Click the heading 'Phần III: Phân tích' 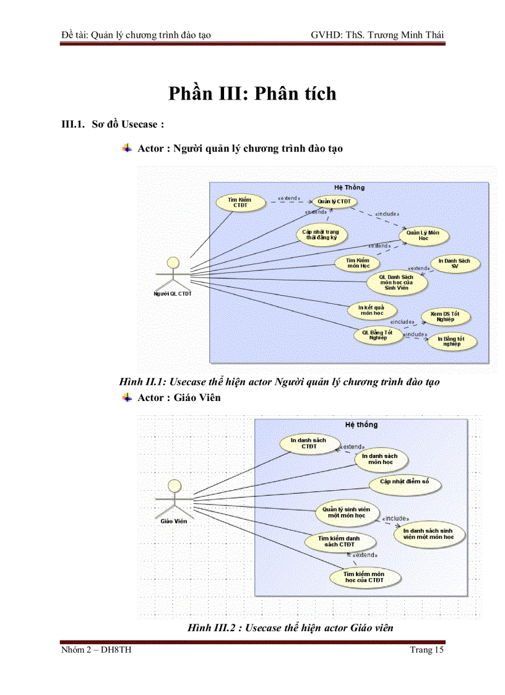[x=252, y=93]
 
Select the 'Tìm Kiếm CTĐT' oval [x=240, y=202]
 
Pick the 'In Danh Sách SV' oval [x=454, y=264]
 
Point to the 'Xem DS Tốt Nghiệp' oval [x=446, y=317]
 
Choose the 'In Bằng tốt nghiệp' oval [x=451, y=340]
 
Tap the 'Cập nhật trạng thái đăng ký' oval [x=321, y=235]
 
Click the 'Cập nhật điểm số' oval [x=404, y=481]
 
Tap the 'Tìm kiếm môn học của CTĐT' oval [x=364, y=577]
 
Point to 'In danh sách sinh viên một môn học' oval [x=428, y=534]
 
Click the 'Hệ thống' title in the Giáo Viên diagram [x=361, y=425]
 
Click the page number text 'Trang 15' [x=427, y=649]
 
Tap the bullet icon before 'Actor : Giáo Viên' [x=127, y=397]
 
